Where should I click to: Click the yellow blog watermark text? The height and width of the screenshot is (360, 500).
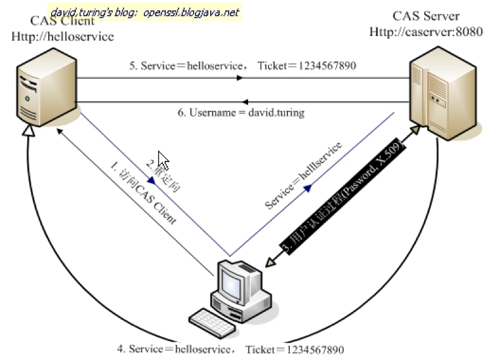[x=146, y=11]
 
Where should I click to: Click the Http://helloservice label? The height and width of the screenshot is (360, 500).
[x=63, y=36]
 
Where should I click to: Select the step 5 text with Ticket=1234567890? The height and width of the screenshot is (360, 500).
[x=240, y=65]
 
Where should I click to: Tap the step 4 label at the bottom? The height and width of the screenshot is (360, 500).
[x=230, y=349]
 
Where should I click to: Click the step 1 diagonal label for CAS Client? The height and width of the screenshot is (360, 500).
[x=143, y=194]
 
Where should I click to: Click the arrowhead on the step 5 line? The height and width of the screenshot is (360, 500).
[x=241, y=78]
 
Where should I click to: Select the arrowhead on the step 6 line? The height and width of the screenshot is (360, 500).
[x=249, y=101]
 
